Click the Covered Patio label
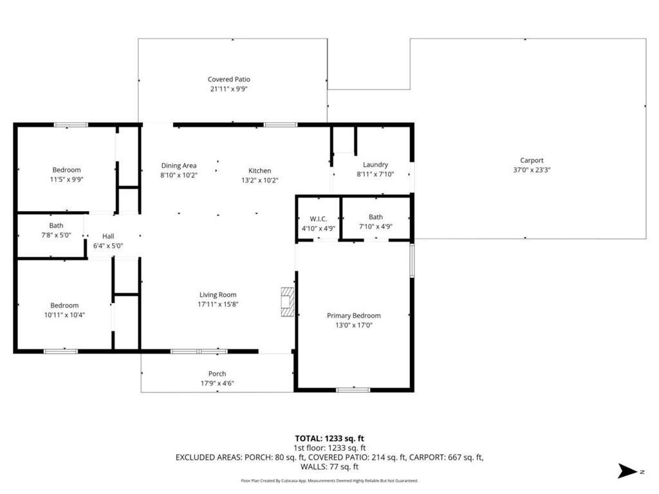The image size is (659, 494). point(228,80)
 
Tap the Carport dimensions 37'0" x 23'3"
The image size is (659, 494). point(532,170)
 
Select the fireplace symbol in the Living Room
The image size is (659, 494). point(287,302)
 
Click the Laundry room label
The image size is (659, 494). point(375,165)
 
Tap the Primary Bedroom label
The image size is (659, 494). point(353,316)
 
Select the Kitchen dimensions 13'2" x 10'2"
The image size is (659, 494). point(259,181)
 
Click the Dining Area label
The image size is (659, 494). point(178,166)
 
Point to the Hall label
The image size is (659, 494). point(107,237)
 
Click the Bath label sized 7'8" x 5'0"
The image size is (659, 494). point(56,226)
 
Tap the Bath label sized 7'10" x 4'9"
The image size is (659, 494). point(375,217)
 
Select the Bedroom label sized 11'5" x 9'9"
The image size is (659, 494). point(66,170)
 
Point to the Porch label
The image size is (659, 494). point(217,374)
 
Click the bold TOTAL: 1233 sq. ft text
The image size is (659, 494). point(329,437)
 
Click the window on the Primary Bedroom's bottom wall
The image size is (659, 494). point(353,390)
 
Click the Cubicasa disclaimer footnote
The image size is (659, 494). point(329,480)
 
